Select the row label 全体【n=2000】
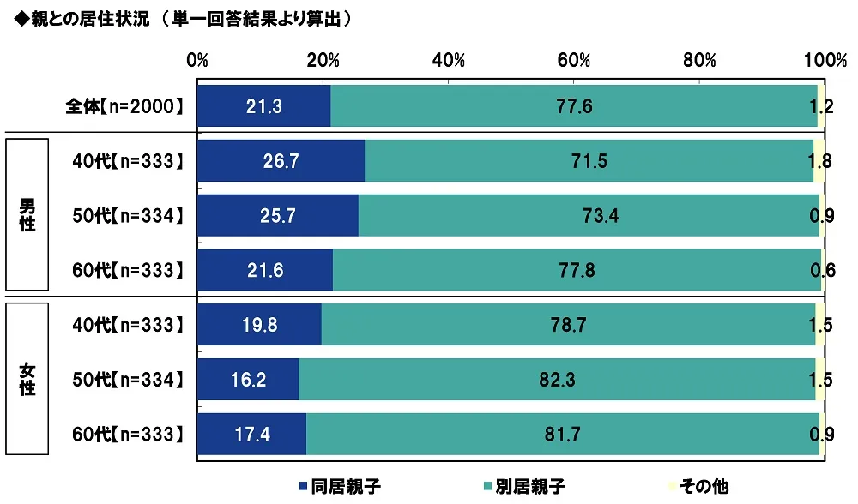tap(125, 106)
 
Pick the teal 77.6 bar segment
tap(573, 106)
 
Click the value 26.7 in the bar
tap(281, 161)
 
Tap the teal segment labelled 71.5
tap(589, 161)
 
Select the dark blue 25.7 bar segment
tap(278, 216)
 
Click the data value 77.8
tap(577, 271)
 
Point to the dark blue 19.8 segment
tap(259, 326)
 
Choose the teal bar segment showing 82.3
tap(558, 381)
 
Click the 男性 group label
tap(28, 215)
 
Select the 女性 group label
tap(28, 380)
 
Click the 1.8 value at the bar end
tap(820, 161)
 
